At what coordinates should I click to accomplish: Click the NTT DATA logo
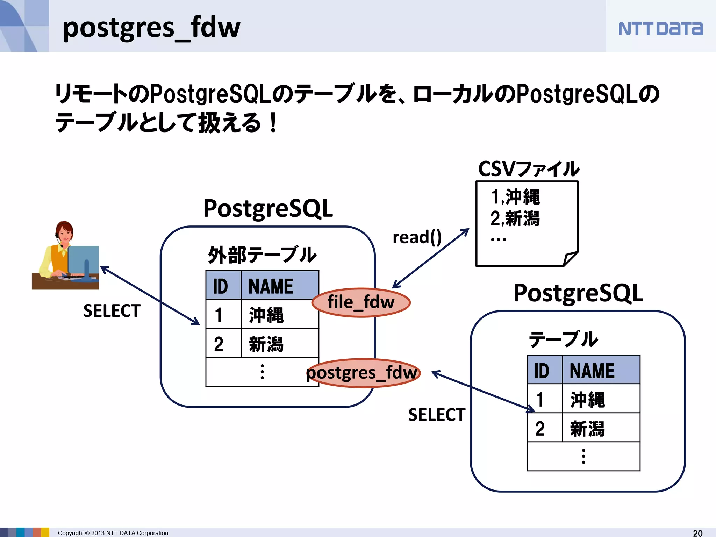(660, 29)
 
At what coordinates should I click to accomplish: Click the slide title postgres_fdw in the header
(151, 28)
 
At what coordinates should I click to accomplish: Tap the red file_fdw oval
(361, 302)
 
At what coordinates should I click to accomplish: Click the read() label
(417, 237)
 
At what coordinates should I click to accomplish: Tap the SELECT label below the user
(112, 311)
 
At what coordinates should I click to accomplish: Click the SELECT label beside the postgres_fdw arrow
(437, 415)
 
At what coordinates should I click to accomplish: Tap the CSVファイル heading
(528, 169)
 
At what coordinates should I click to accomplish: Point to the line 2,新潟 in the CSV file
(515, 219)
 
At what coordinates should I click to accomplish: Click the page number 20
(697, 533)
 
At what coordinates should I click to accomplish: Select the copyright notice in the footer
(113, 533)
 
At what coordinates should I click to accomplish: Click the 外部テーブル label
(262, 255)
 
